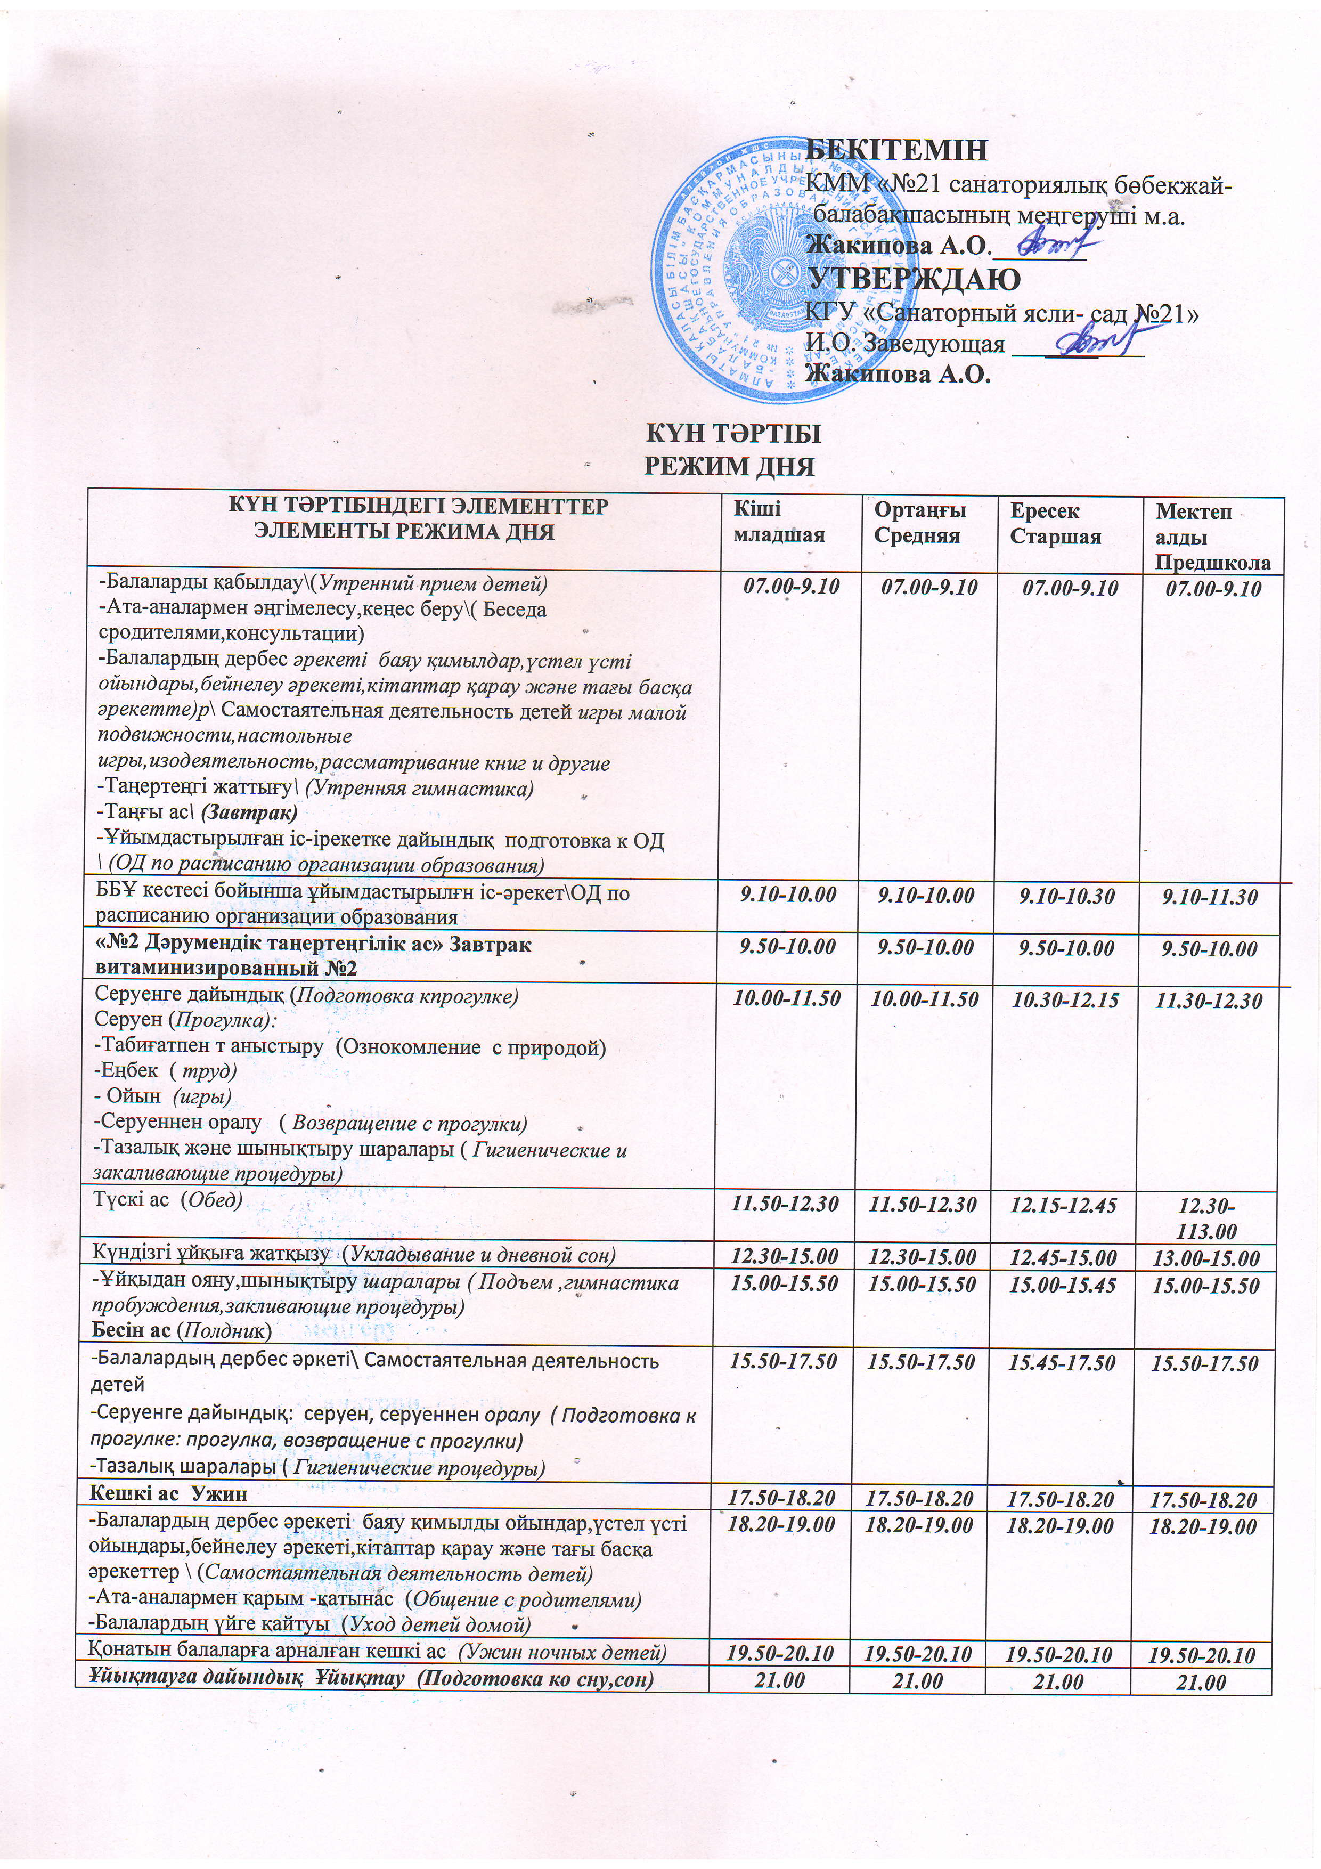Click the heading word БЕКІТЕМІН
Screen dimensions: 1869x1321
click(897, 151)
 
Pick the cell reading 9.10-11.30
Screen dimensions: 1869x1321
click(1210, 897)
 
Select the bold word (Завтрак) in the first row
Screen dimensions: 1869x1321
click(249, 812)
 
